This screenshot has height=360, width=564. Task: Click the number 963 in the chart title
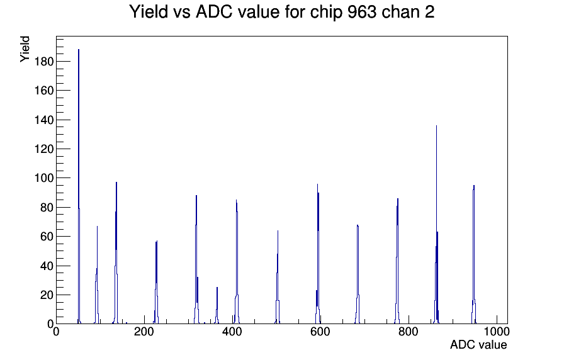click(x=362, y=12)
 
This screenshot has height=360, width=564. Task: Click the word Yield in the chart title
click(x=149, y=12)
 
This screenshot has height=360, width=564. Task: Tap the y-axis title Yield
click(x=25, y=49)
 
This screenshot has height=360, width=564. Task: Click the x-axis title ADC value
click(x=478, y=344)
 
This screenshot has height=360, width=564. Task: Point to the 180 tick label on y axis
click(x=43, y=62)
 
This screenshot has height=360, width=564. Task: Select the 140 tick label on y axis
click(x=43, y=120)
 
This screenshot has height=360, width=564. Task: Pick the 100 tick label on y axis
click(x=43, y=178)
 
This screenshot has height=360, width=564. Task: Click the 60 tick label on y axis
click(x=47, y=236)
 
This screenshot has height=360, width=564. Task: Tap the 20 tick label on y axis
click(x=47, y=295)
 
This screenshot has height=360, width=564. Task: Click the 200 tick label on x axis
click(x=144, y=331)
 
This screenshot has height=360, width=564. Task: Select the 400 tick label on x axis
click(x=232, y=331)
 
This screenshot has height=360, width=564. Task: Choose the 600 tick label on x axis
click(x=320, y=331)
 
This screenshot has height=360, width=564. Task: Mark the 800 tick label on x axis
click(x=409, y=331)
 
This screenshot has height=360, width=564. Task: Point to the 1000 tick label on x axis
click(x=497, y=331)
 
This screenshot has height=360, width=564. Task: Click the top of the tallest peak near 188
click(x=79, y=50)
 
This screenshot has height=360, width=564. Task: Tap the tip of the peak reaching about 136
click(x=436, y=125)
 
